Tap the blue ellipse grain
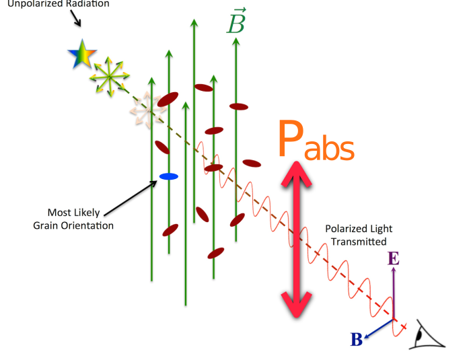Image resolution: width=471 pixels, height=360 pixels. click(168, 176)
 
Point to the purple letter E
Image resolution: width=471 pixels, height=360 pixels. click(394, 258)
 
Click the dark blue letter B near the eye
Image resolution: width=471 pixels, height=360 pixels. click(357, 340)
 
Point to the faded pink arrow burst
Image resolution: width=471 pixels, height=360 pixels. click(148, 109)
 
